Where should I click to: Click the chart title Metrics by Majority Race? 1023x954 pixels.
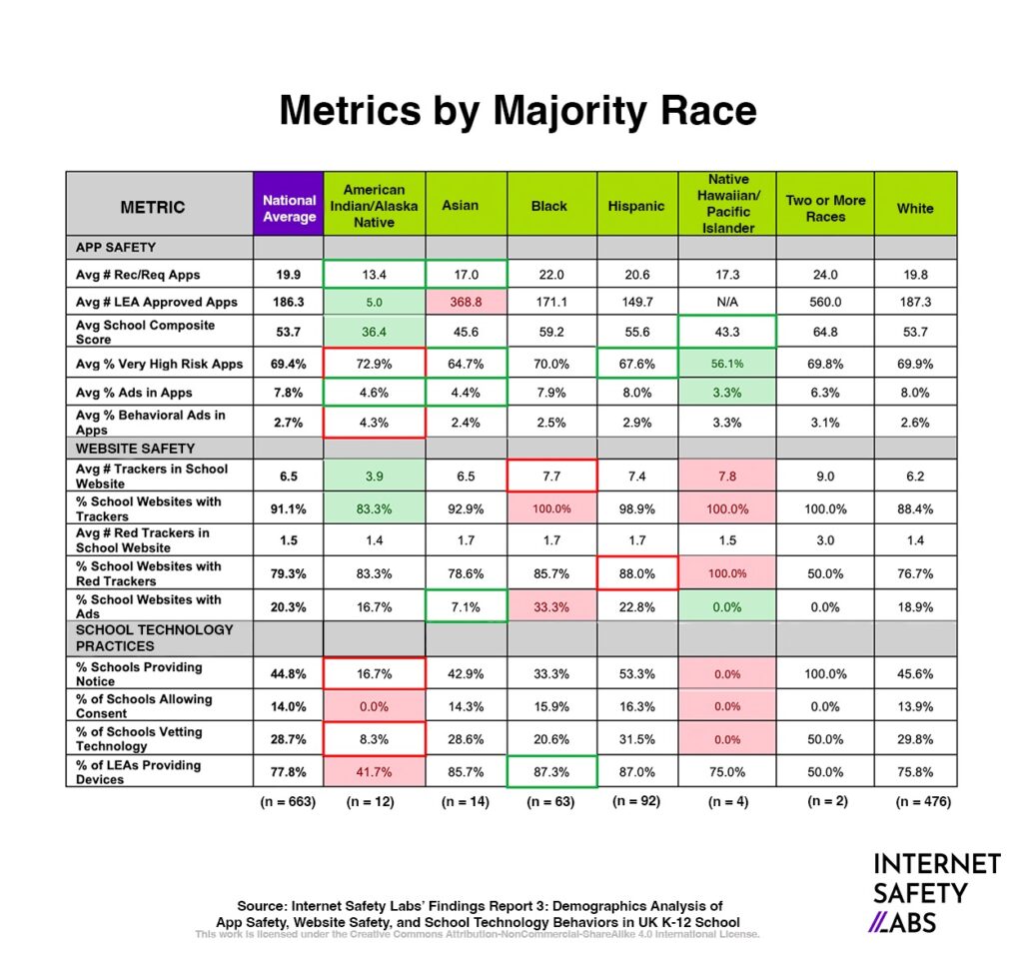(517, 111)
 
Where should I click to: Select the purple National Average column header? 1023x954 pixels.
(289, 208)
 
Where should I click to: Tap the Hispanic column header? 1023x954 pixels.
(635, 206)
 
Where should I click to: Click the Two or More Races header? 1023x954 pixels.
(825, 208)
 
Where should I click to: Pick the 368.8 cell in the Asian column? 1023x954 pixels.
(466, 302)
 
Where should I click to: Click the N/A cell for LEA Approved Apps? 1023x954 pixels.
(727, 302)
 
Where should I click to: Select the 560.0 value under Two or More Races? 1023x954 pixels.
(825, 302)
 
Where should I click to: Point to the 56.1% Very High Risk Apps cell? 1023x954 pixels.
(727, 364)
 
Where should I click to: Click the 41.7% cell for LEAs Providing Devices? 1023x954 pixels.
(374, 772)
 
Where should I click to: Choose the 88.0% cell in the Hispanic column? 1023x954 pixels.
(635, 573)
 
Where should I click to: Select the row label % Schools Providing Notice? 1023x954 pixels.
(139, 673)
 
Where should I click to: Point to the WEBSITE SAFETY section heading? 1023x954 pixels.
(136, 449)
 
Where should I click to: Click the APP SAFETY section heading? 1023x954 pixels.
(116, 246)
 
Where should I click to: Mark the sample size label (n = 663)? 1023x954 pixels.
(289, 801)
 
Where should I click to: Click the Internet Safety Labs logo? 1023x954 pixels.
(935, 891)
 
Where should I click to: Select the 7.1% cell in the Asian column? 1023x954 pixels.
(466, 607)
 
